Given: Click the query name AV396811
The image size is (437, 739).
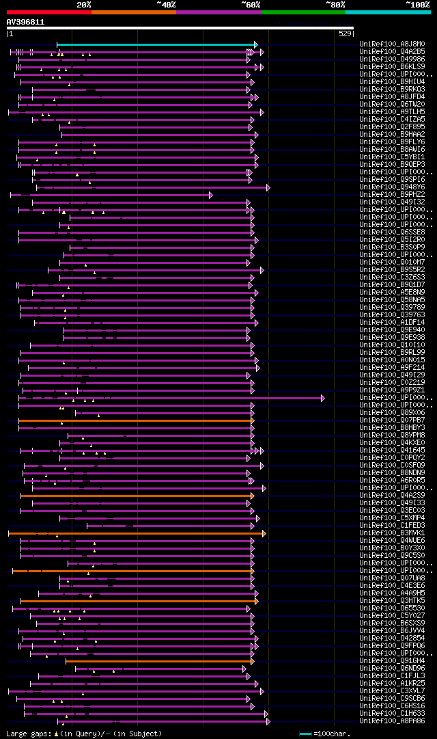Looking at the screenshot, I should click(x=25, y=22).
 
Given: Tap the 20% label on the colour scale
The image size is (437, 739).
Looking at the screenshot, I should click(x=83, y=5).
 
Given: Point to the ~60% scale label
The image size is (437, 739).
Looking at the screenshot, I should click(x=251, y=5).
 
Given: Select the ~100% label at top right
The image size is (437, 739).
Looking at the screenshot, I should click(x=417, y=5).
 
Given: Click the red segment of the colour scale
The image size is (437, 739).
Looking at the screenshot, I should click(x=48, y=12).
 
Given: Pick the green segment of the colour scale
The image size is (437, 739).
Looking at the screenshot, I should click(x=302, y=12).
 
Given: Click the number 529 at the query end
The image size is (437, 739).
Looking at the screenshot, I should click(x=345, y=33).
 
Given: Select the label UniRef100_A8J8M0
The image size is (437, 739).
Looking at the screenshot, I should click(x=392, y=44).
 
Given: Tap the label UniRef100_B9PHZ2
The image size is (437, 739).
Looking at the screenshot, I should click(x=392, y=195).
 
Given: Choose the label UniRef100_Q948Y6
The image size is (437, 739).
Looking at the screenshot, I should click(x=392, y=187).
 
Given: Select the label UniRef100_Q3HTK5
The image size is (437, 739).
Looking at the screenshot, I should click(x=392, y=601).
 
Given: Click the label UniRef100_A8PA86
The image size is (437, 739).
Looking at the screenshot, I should click(x=392, y=721).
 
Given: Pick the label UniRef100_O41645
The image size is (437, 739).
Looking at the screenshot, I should click(x=392, y=451).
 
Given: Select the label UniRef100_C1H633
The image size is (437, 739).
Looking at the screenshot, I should click(x=392, y=714).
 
